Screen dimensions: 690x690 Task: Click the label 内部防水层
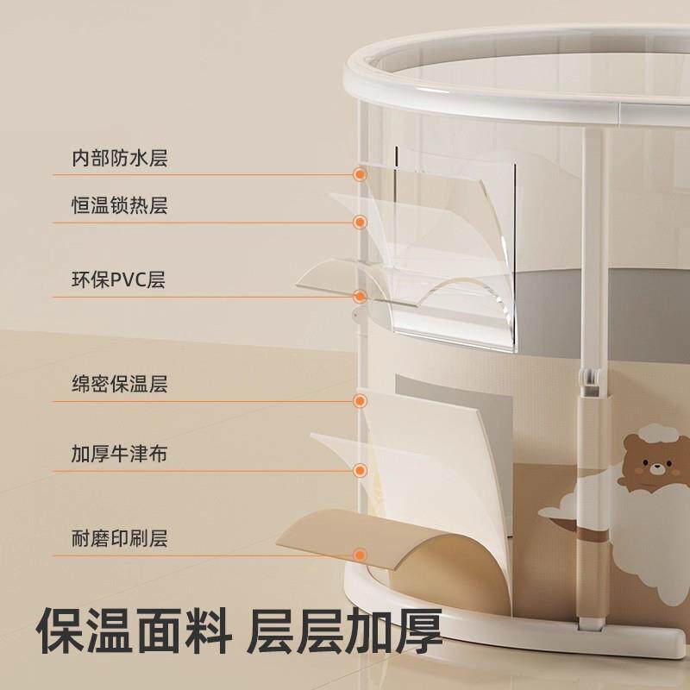[x=120, y=158]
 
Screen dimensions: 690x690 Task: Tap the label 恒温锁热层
[x=120, y=205]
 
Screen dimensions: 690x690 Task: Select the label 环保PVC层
[x=118, y=279]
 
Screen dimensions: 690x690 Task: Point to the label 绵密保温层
[x=120, y=384]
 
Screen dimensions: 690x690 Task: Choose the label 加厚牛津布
[x=120, y=454]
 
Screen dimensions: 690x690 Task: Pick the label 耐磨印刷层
[x=120, y=537]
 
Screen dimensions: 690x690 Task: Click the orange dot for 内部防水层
[x=361, y=175]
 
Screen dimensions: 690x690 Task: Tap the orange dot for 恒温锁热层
[x=361, y=223]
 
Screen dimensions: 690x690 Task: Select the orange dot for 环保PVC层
[x=361, y=297]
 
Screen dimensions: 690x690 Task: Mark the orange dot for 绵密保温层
[x=361, y=400]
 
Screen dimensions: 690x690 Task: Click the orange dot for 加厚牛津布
[x=361, y=470]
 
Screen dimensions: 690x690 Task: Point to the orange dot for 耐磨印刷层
[x=361, y=555]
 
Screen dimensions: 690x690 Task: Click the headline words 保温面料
[x=134, y=631]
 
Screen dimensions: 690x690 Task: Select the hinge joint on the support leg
[x=591, y=382]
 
